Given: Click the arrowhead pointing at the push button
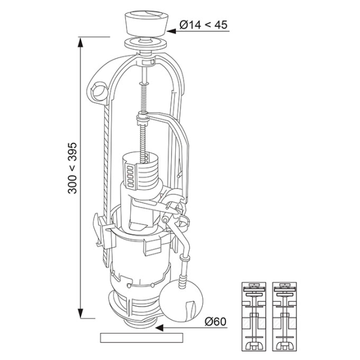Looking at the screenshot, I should pyautogui.click(x=174, y=25).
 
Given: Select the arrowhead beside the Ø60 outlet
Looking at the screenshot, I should pyautogui.click(x=160, y=328).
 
